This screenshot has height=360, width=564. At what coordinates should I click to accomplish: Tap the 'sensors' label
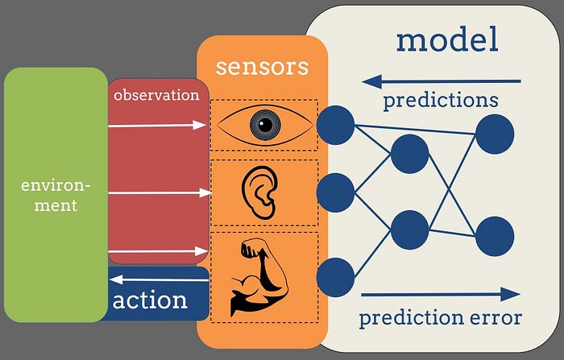pos(262,65)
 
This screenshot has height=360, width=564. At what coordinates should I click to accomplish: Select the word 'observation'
pos(156,95)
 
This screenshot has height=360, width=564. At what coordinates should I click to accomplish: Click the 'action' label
pos(150,300)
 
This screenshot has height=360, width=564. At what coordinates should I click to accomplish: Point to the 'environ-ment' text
pos(56,195)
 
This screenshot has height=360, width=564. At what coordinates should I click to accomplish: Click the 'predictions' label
pos(440,101)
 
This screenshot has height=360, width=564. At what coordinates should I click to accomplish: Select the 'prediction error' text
pos(440,317)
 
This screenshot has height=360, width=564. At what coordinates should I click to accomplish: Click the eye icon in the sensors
pos(263,125)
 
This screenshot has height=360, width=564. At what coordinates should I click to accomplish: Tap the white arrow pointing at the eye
pos(156,125)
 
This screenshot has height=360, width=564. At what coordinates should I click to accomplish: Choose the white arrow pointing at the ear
pos(156,192)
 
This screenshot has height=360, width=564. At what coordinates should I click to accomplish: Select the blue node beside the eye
pos(335,126)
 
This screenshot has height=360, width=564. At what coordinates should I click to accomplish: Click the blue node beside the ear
pos(335,192)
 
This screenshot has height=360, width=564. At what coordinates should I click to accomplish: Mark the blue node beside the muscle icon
pos(335,276)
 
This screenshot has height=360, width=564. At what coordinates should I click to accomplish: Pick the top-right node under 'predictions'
pos(494,134)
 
